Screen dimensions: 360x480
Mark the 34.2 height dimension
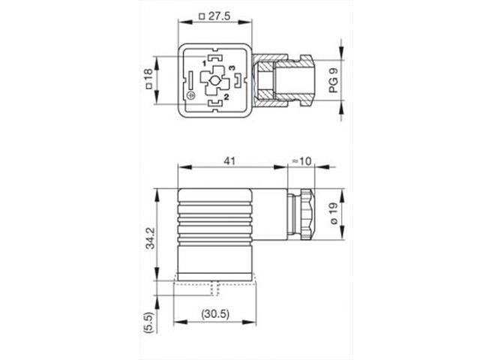(x=151, y=234)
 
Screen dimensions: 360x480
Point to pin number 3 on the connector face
(x=238, y=69)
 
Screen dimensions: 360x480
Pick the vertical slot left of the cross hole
(x=190, y=79)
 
